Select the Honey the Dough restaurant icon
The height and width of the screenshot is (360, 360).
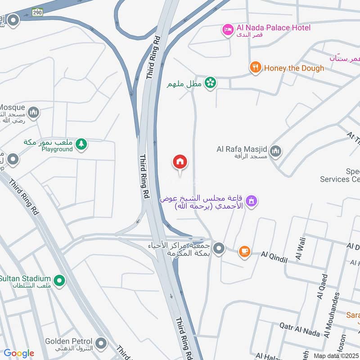click(256, 68)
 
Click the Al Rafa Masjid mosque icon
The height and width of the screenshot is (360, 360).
click(276, 151)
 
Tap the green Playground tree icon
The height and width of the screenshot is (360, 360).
click(81, 144)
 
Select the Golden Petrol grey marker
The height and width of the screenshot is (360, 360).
click(102, 344)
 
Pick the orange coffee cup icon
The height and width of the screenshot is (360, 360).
click(244, 252)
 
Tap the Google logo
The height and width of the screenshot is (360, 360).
click(19, 353)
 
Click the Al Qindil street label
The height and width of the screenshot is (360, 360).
click(274, 254)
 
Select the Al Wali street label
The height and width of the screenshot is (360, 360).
click(300, 247)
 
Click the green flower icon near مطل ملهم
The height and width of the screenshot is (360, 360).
click(210, 82)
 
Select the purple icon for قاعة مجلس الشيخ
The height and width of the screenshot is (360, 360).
click(252, 200)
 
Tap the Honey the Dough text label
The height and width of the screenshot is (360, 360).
click(294, 68)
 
